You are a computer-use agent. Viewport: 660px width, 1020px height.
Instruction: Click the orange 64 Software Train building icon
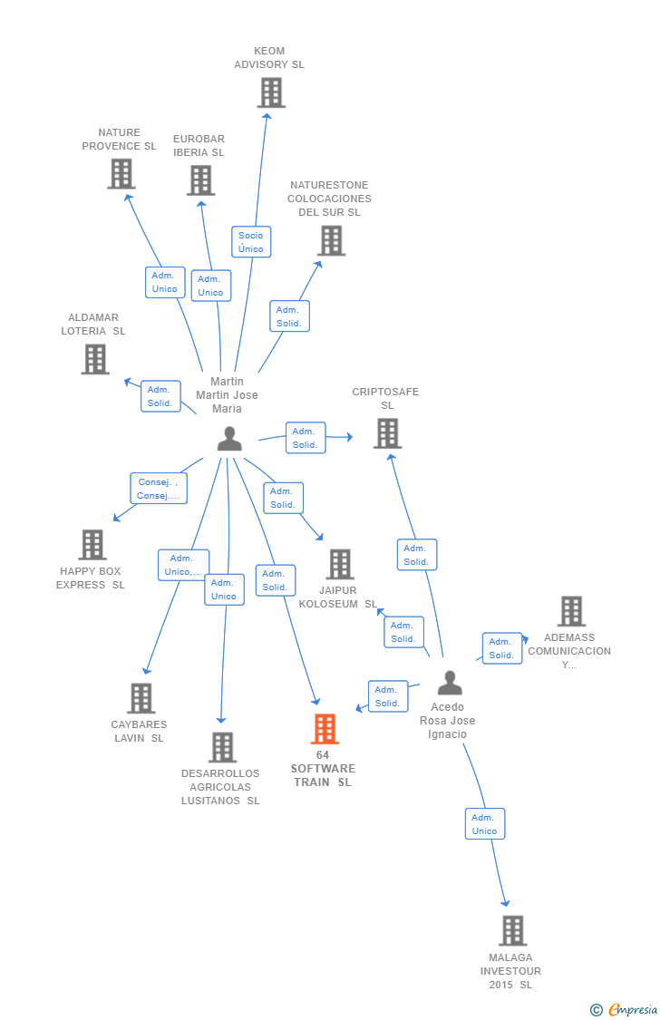click(x=325, y=729)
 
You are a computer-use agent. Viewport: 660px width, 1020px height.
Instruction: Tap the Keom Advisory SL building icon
click(x=271, y=92)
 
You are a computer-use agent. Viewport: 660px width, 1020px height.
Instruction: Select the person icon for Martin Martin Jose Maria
click(x=229, y=439)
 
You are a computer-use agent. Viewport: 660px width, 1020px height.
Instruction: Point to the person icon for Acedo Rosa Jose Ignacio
click(x=450, y=683)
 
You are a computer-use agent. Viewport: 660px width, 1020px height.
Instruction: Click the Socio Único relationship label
click(x=251, y=242)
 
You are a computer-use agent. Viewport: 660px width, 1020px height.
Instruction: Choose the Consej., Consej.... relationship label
click(x=159, y=489)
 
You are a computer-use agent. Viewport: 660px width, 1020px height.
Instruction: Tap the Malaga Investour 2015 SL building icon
click(x=512, y=930)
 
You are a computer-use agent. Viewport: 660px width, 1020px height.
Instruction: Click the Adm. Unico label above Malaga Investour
click(x=484, y=824)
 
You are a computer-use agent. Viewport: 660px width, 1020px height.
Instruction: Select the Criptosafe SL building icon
click(x=387, y=433)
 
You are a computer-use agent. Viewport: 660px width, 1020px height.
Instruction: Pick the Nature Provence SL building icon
click(x=121, y=173)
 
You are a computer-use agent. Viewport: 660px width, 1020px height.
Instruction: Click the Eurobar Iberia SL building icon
click(x=200, y=180)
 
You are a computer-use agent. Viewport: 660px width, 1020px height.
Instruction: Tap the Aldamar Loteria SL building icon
click(x=95, y=359)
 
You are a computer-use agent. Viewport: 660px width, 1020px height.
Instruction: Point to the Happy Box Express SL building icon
click(x=92, y=544)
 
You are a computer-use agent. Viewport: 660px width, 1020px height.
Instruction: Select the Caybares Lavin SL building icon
click(x=141, y=698)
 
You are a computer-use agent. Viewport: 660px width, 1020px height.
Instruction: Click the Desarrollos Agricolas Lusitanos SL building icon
click(x=222, y=747)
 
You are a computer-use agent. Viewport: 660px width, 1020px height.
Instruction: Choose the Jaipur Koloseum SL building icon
click(x=340, y=564)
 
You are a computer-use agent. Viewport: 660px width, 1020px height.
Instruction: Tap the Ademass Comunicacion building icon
click(x=571, y=611)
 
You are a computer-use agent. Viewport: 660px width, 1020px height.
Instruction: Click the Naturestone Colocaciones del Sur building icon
click(x=332, y=240)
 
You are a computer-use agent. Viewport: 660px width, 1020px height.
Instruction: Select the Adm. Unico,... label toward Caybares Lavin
click(x=183, y=565)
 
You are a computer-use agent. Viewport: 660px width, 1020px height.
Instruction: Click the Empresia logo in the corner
click(x=625, y=1009)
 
